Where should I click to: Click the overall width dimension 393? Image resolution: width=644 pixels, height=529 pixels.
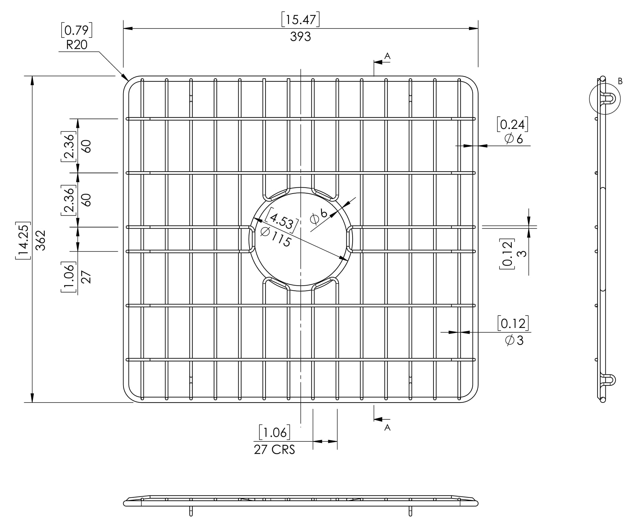(300, 36)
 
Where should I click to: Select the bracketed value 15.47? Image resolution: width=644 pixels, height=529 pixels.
(300, 20)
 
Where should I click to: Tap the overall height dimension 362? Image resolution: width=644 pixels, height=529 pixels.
(41, 240)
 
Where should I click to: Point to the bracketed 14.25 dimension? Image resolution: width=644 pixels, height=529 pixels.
(23, 240)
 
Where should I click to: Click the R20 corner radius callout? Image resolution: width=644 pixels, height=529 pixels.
(76, 45)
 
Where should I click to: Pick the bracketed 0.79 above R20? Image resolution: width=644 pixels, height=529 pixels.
(77, 30)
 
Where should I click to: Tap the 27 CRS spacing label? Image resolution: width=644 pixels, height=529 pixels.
(274, 450)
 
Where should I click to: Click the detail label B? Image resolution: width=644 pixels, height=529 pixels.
(620, 81)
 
